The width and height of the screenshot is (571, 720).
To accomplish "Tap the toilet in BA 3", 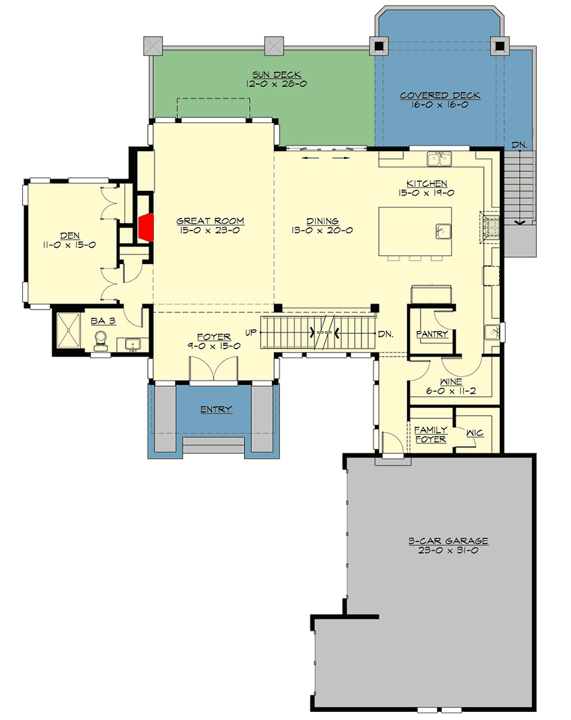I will pos(101,339).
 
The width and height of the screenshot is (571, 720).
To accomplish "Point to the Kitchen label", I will pos(427,183).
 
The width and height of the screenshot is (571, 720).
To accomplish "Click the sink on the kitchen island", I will pos(441,230).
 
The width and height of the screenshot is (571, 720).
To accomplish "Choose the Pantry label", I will pos(432,334).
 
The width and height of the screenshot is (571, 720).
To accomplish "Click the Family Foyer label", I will pos(430,435).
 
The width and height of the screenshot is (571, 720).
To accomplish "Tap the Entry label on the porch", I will pos(216,409).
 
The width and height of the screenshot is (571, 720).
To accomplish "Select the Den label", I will pos(69,235).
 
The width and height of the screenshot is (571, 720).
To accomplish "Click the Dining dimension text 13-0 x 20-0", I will pos(322,230).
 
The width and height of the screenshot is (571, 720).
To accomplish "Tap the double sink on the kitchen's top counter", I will pos(439,159).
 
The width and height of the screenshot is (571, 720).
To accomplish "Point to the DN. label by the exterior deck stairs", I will pos(519,144).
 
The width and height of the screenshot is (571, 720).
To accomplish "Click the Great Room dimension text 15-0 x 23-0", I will pos(210,230).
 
